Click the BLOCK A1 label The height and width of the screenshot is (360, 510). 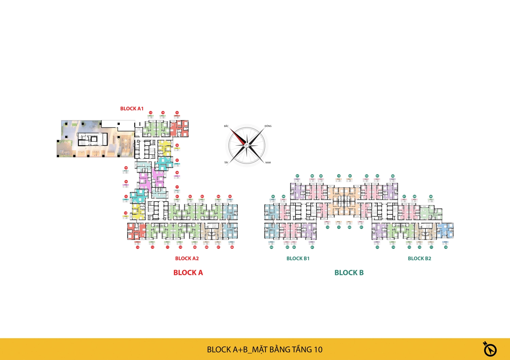pyautogui.click(x=132, y=109)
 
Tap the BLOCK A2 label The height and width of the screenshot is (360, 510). pyautogui.click(x=187, y=259)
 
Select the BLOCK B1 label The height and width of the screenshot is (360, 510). pyautogui.click(x=298, y=259)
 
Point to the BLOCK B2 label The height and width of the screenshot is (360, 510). pyautogui.click(x=419, y=259)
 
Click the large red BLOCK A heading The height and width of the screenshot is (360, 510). pyautogui.click(x=188, y=273)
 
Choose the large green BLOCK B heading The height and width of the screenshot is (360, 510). pyautogui.click(x=349, y=273)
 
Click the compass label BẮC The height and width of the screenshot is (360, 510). pyautogui.click(x=226, y=126)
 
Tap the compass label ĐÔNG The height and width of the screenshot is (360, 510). pyautogui.click(x=268, y=126)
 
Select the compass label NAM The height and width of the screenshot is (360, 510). pyautogui.click(x=268, y=162)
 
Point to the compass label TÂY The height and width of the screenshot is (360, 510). pyautogui.click(x=226, y=162)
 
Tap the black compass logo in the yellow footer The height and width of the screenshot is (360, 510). pyautogui.click(x=490, y=349)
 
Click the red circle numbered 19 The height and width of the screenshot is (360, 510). pyautogui.click(x=126, y=168)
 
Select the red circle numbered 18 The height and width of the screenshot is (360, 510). pyautogui.click(x=177, y=173)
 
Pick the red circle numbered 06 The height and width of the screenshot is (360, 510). pyautogui.click(x=232, y=247)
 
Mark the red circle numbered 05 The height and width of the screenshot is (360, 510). pyautogui.click(x=230, y=196)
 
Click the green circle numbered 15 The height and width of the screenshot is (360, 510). pyautogui.click(x=377, y=247)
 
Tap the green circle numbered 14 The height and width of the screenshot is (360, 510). pyautogui.click(x=393, y=247)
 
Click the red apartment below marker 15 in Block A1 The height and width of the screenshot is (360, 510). pyautogui.click(x=179, y=129)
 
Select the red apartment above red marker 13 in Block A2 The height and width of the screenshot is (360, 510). pyautogui.click(x=136, y=231)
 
